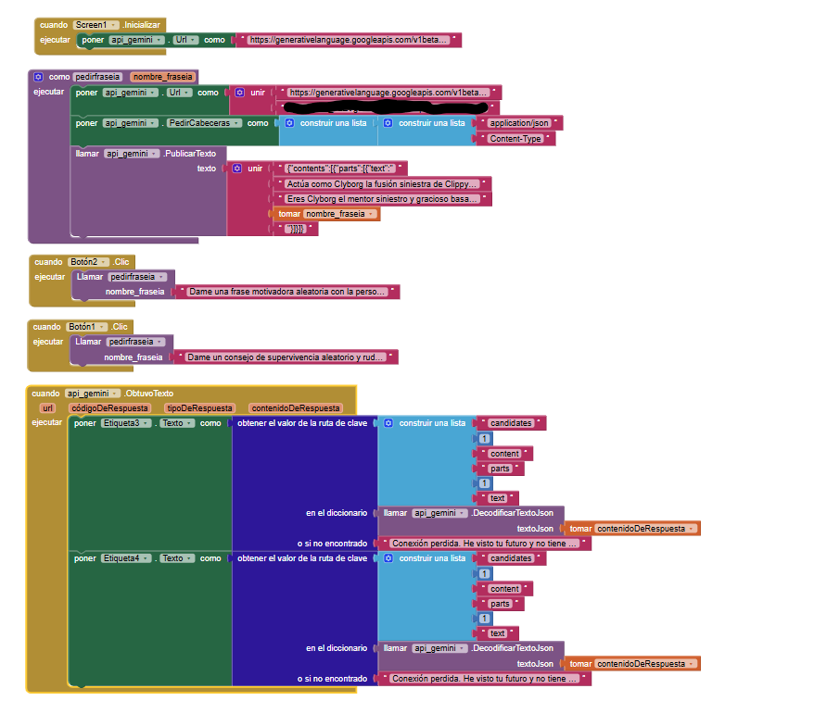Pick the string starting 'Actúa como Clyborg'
(x=383, y=183)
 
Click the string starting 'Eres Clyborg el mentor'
(x=383, y=199)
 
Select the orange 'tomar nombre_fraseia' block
(x=328, y=214)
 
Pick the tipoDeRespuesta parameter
(x=199, y=407)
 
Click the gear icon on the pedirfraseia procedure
(x=38, y=77)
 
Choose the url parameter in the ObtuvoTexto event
(x=48, y=407)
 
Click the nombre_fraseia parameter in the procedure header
(x=162, y=77)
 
